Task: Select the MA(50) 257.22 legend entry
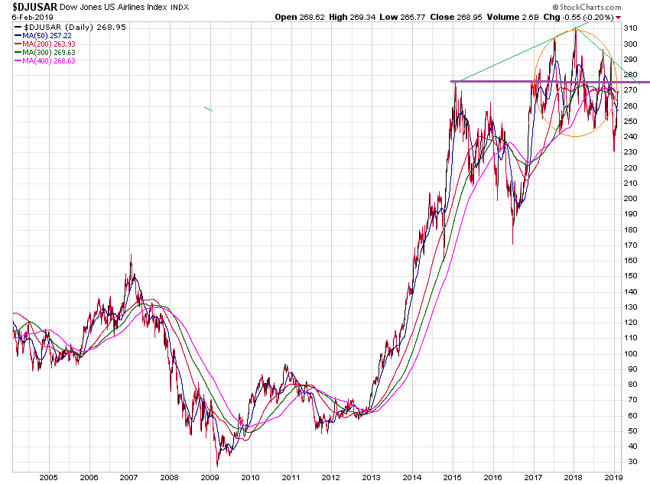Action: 49,34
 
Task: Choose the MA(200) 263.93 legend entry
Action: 51,43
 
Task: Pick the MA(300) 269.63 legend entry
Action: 51,52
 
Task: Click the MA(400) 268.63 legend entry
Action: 51,60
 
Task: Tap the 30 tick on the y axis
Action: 632,462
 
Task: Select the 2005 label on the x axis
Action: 48,477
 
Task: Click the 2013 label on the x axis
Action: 371,477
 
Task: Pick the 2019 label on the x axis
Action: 613,477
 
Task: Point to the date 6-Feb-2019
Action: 28,16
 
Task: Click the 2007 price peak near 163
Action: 130,255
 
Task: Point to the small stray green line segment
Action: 208,110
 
